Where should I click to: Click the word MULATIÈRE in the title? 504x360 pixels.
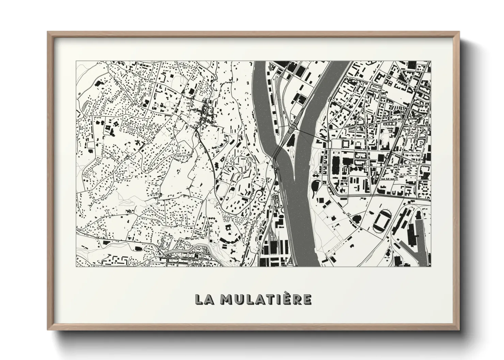tap(265, 299)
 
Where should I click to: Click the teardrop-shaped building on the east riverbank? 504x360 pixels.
tap(315, 186)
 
